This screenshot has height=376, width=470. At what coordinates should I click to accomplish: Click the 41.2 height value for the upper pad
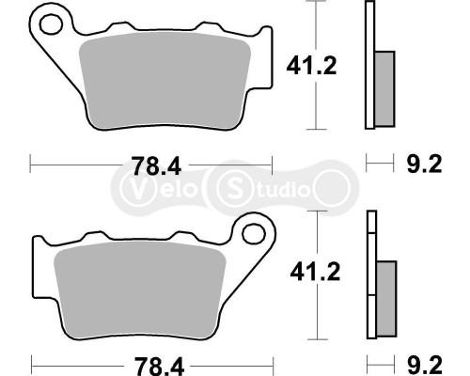coord(306,65)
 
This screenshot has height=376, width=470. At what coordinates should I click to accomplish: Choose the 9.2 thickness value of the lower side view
coord(422,361)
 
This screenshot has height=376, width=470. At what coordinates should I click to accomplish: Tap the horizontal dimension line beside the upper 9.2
coord(379,165)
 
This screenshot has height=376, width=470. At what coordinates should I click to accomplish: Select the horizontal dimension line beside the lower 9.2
coord(379,360)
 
